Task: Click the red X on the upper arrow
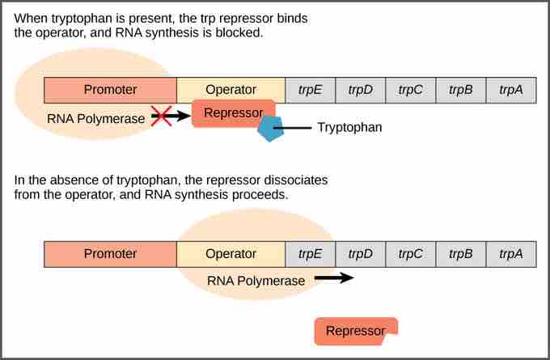click(x=161, y=117)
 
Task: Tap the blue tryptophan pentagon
click(x=269, y=129)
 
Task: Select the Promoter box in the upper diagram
click(x=110, y=90)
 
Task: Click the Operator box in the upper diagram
click(x=231, y=90)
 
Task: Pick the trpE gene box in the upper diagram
click(x=310, y=90)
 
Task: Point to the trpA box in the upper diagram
click(x=510, y=90)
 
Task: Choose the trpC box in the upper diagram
click(x=410, y=90)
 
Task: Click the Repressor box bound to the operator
click(x=233, y=113)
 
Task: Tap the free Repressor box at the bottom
click(x=355, y=331)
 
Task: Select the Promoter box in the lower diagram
click(x=110, y=254)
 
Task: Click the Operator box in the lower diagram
click(x=231, y=254)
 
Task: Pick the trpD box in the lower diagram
click(x=360, y=254)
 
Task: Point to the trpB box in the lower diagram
click(x=460, y=254)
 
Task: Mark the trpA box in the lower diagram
click(x=510, y=254)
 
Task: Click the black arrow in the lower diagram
click(x=334, y=278)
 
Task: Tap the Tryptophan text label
click(x=349, y=128)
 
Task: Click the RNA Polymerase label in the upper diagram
click(x=95, y=118)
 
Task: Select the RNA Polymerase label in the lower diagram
click(x=256, y=281)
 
